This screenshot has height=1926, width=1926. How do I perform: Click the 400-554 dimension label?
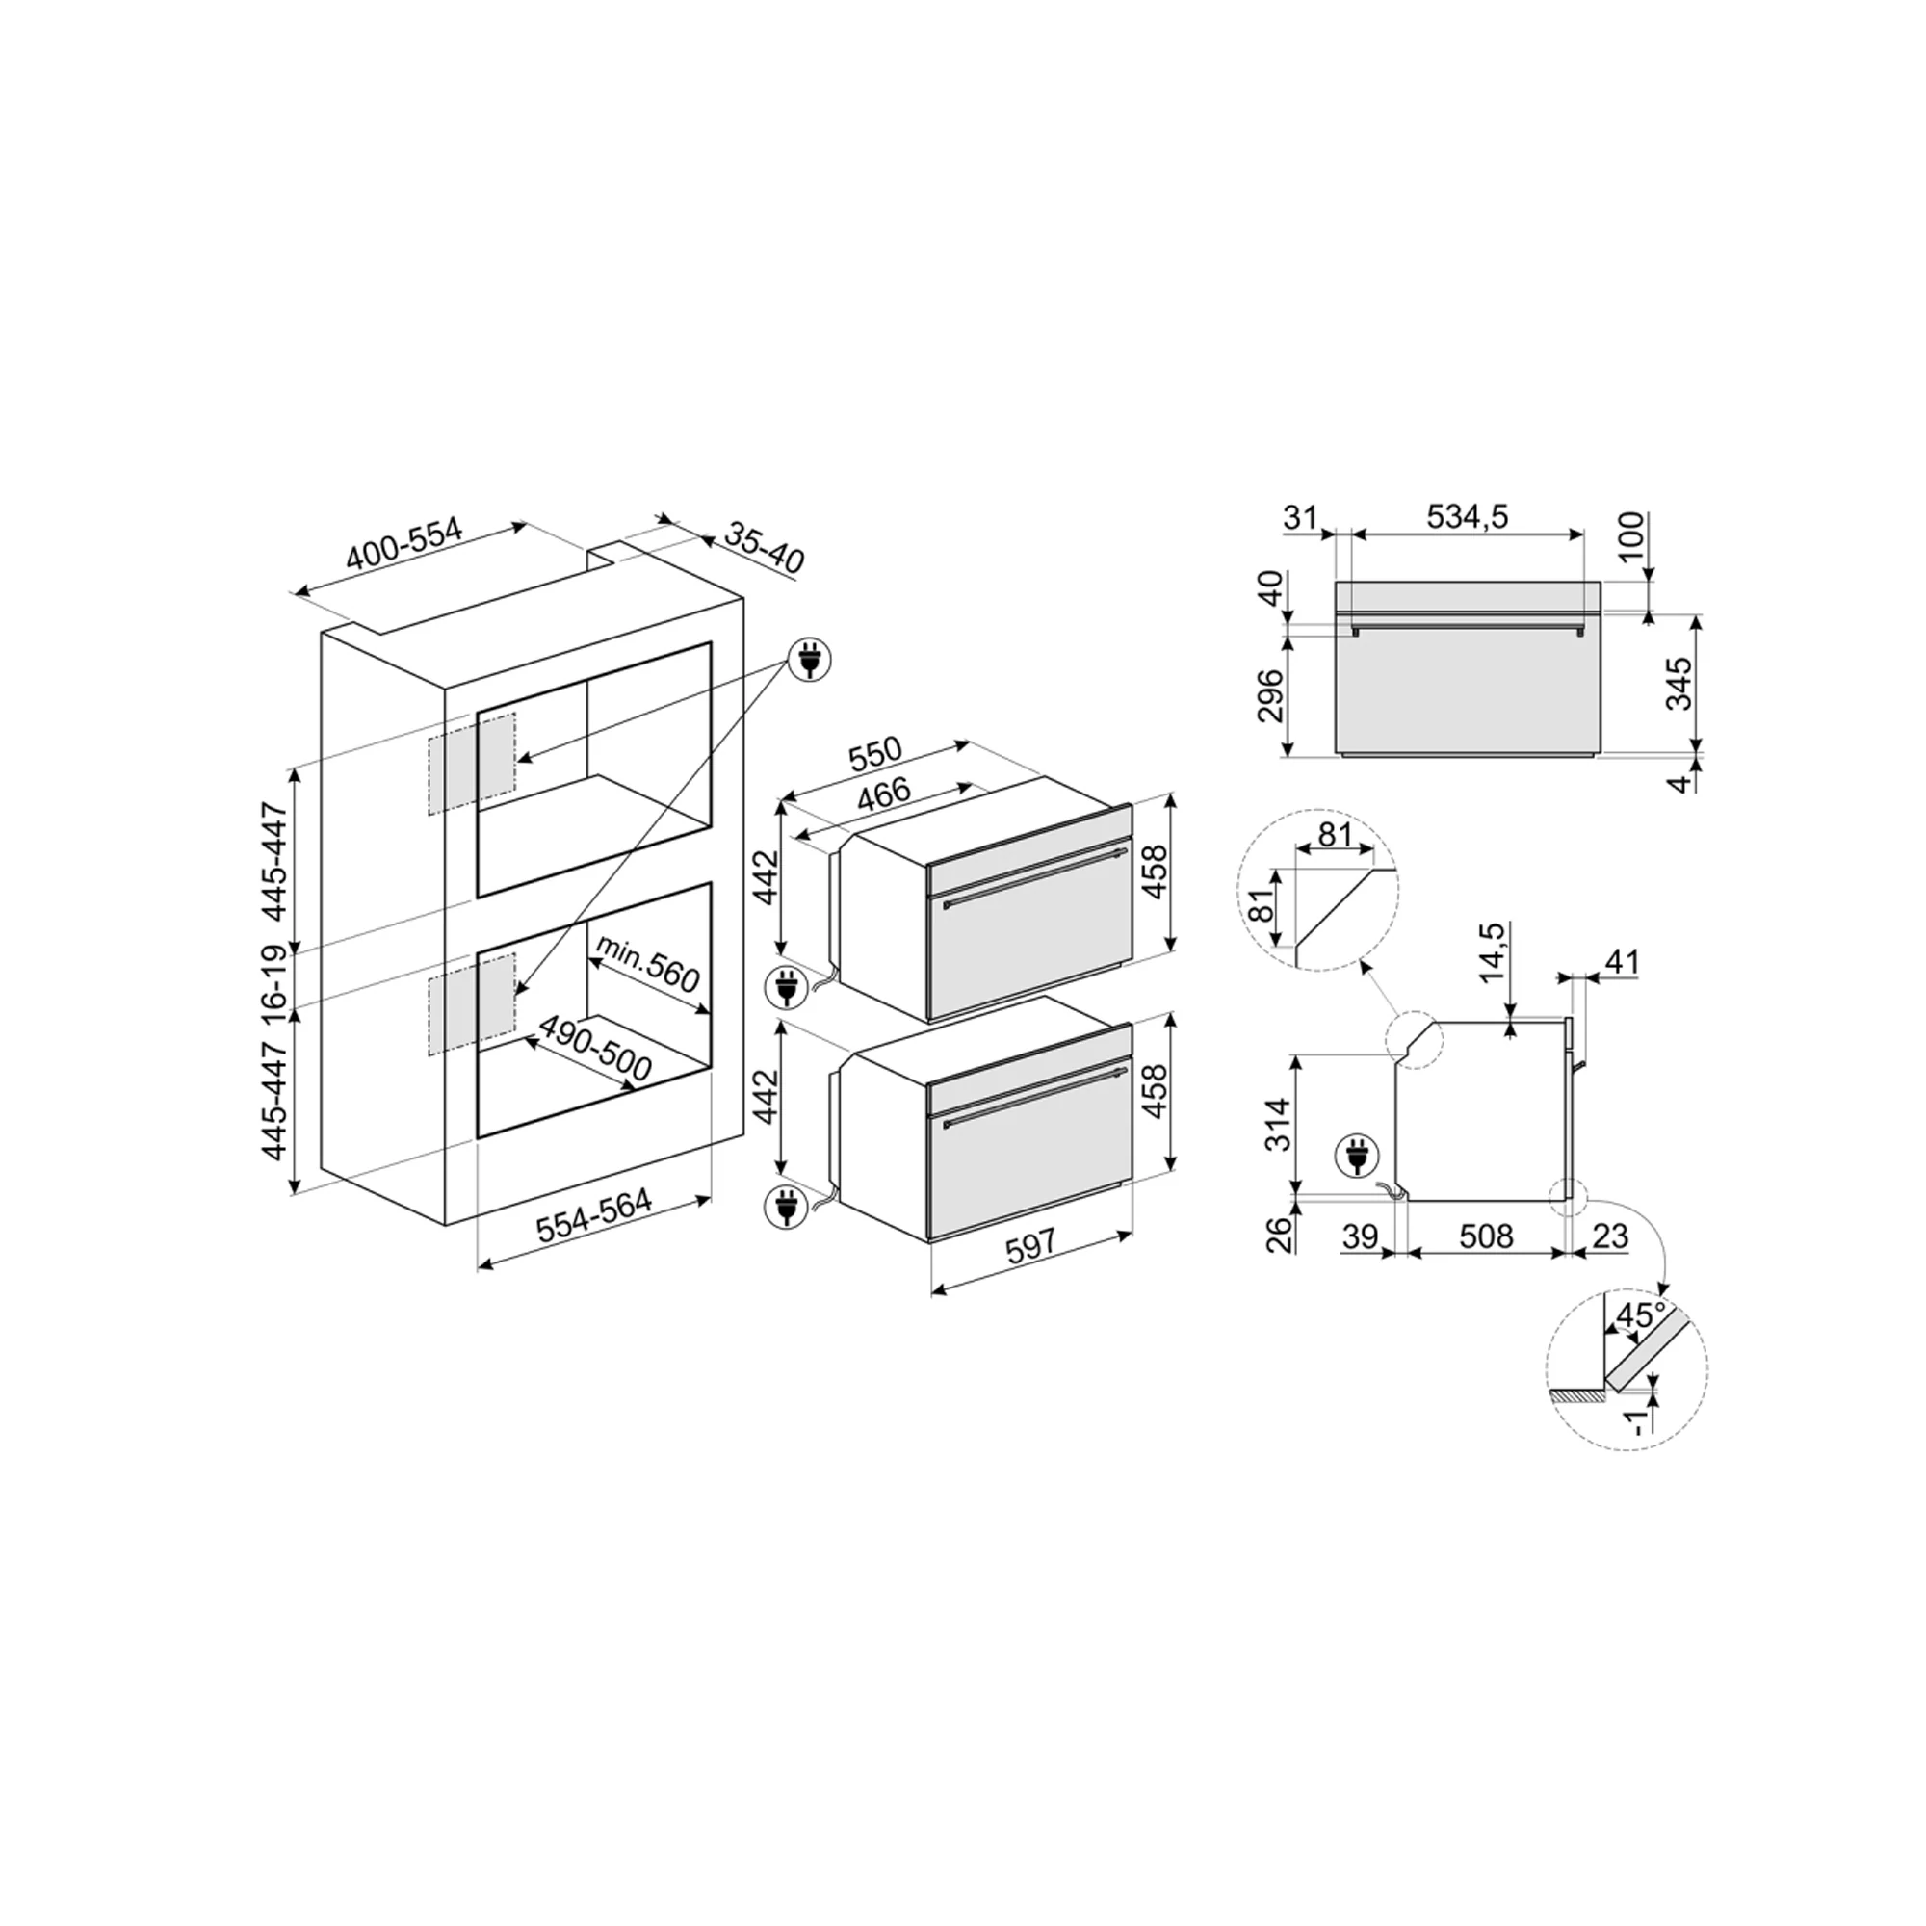[404, 544]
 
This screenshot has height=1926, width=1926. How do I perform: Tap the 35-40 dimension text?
[763, 547]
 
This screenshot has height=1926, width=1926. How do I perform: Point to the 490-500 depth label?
[594, 1049]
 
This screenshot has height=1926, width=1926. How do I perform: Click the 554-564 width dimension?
[594, 1216]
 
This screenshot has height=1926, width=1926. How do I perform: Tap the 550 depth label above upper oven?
[874, 754]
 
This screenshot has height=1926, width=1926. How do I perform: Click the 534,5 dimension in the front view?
[1467, 516]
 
